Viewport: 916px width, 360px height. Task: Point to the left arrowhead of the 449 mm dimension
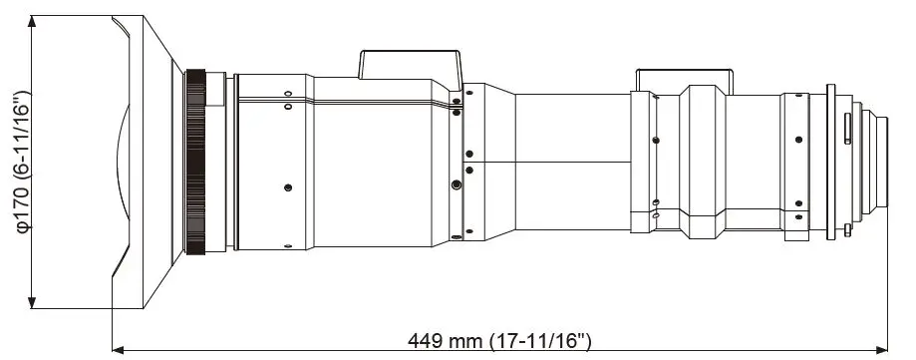click(x=117, y=349)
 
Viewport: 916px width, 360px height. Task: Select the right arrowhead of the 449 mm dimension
click(x=882, y=349)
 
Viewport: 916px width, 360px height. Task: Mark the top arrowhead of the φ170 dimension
click(x=34, y=22)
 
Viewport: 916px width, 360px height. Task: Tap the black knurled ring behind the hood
click(x=195, y=162)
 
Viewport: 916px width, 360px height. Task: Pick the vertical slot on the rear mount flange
click(x=845, y=129)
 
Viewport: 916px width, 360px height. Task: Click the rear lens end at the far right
click(x=879, y=162)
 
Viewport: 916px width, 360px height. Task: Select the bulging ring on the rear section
click(x=704, y=162)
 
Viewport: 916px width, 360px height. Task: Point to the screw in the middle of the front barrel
click(x=288, y=186)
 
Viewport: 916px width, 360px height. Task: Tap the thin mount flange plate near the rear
click(x=829, y=162)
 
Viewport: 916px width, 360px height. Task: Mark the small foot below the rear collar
click(x=797, y=237)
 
